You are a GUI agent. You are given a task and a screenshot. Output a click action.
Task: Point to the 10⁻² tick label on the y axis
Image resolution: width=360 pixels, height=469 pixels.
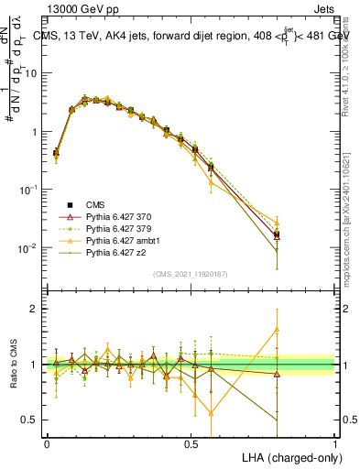pos(30,248)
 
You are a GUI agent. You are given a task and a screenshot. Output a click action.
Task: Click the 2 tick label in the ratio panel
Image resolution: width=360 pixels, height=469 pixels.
pos(36,309)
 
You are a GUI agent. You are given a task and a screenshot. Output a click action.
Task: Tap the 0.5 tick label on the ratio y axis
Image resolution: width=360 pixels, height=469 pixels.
pos(31,420)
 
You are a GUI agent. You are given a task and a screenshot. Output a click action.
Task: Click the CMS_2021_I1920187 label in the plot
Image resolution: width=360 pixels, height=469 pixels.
pos(190,274)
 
